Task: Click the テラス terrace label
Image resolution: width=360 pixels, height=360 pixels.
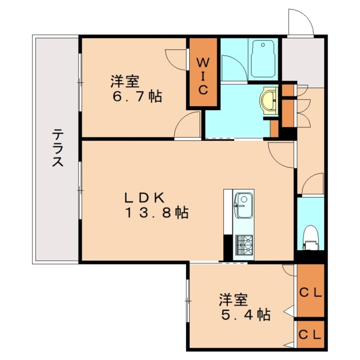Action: [x=57, y=148]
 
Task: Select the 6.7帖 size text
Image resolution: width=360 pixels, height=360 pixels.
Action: [x=136, y=97]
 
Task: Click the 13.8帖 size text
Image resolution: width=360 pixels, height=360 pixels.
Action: [x=156, y=213]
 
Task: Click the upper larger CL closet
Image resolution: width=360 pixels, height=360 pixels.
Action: [x=311, y=293]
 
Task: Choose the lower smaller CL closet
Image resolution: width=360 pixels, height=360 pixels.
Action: [x=311, y=334]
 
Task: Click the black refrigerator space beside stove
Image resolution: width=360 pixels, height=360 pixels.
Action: [x=228, y=247]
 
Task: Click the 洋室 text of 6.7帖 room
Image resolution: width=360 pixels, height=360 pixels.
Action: [x=125, y=81]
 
